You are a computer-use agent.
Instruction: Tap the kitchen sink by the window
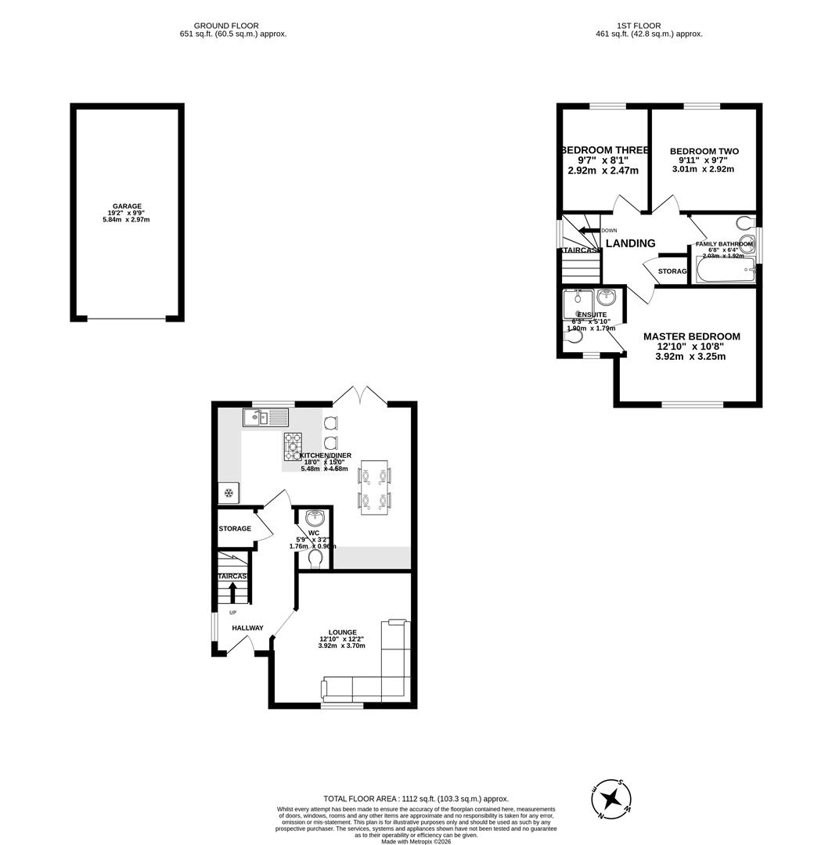click(266, 418)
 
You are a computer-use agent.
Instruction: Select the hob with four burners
click(293, 446)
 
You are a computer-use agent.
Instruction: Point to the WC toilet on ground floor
click(315, 559)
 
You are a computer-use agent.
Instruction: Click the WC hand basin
click(315, 518)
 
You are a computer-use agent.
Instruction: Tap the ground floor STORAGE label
click(235, 529)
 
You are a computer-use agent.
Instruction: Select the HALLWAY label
click(247, 627)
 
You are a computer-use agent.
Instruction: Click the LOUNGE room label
click(342, 632)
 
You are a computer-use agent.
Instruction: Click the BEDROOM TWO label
click(704, 152)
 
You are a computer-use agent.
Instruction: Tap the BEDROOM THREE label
click(603, 150)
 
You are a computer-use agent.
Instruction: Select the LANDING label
click(630, 243)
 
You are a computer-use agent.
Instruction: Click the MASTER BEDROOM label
click(691, 336)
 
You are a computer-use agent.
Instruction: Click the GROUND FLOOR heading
click(226, 26)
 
